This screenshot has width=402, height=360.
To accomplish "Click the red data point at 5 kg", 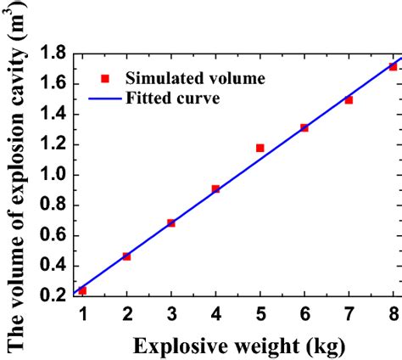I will [x=260, y=148].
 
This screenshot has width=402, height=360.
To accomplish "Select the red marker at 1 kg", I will [x=82, y=290].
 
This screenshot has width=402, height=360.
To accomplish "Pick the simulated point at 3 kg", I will [x=171, y=222].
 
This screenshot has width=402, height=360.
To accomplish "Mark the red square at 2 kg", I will [x=126, y=256].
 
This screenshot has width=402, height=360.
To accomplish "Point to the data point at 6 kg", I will [x=304, y=127].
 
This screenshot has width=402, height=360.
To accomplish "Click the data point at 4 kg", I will [x=215, y=188].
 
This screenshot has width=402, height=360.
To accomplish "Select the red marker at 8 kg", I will [x=393, y=66].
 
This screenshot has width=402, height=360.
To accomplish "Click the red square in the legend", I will [x=104, y=79].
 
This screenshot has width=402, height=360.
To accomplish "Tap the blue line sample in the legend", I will [x=104, y=98].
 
